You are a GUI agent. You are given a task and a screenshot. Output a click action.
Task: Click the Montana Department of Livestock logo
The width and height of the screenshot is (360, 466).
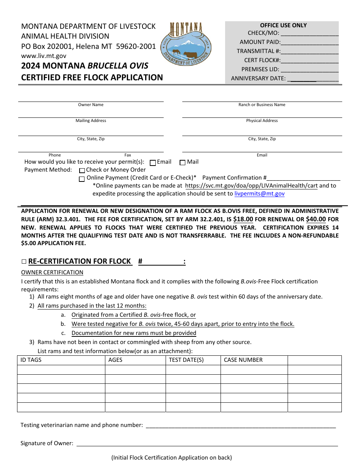click(186, 44)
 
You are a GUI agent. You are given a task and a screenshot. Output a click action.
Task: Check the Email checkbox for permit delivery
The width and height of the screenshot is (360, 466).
click(153, 163)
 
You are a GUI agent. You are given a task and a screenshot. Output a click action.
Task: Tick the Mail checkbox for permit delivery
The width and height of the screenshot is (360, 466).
click(182, 163)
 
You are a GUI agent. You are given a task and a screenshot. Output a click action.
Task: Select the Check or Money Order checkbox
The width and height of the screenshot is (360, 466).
click(82, 170)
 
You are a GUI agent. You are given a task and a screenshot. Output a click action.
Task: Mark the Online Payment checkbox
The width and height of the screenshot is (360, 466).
click(82, 179)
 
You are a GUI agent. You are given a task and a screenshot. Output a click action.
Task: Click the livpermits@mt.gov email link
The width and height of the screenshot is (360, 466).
click(259, 194)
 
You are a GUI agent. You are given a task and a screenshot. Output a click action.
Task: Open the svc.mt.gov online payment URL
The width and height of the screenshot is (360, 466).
click(251, 186)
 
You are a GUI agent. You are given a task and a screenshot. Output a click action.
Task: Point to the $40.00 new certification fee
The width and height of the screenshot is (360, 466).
click(316, 219)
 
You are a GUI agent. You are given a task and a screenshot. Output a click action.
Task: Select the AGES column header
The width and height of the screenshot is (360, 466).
click(115, 360)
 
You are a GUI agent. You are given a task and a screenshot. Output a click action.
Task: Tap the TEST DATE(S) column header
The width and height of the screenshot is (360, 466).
click(186, 360)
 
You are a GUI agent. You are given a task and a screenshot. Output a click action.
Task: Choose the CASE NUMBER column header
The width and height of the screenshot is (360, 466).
click(243, 360)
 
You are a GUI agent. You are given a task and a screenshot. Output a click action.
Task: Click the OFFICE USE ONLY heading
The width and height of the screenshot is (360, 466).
click(283, 25)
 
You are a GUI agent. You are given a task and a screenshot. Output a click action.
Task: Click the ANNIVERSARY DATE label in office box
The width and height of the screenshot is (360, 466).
click(258, 78)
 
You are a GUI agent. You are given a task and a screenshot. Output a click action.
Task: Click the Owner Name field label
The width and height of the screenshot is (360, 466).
click(91, 105)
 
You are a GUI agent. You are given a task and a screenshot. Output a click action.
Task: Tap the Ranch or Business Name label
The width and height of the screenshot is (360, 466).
click(262, 105)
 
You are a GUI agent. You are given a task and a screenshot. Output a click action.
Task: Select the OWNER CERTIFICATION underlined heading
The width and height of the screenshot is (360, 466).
click(52, 272)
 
